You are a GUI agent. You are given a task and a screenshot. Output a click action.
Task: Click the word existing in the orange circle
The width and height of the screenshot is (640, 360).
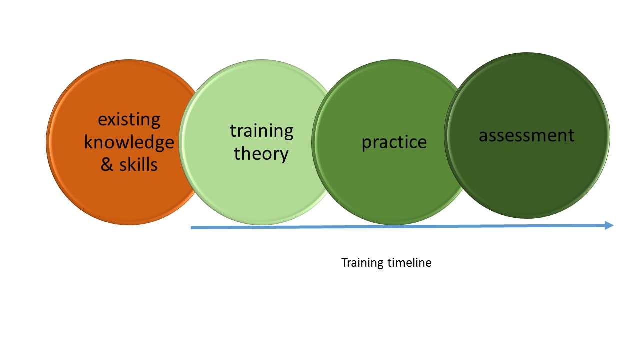[129, 120]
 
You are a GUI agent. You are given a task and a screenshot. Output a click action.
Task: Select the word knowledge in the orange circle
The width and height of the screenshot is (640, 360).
[129, 143]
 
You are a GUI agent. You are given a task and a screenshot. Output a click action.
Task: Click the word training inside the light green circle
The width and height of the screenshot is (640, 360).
[261, 131]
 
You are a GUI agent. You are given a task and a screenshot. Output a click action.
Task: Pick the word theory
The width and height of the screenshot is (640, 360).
[261, 154]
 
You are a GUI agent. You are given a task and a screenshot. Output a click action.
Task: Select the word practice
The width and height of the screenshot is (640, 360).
[394, 142]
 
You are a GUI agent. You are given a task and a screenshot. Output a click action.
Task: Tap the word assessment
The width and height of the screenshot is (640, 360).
[526, 135]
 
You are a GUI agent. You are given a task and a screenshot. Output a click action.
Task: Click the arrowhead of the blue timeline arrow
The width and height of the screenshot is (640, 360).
[609, 225]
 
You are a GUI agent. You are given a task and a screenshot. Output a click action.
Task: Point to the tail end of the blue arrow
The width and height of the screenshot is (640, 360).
[193, 228]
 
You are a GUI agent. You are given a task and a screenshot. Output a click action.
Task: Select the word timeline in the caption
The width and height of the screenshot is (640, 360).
[409, 263]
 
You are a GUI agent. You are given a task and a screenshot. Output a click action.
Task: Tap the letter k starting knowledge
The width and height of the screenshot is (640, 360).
[88, 143]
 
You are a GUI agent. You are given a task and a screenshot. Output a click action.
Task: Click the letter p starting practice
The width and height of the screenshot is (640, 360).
[366, 144]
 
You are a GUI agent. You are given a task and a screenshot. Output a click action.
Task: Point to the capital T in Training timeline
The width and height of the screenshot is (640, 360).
[344, 263]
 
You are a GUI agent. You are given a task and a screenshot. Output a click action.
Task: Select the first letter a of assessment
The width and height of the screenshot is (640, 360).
[483, 136]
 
